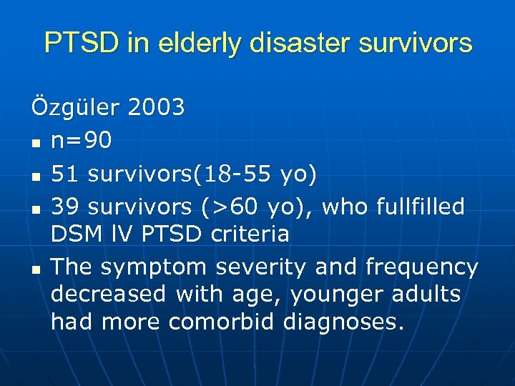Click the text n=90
tap(82, 141)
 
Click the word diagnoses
tap(340, 321)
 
